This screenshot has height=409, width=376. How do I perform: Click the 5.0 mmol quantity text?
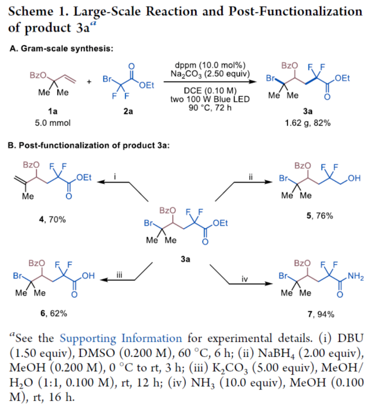pos(44,124)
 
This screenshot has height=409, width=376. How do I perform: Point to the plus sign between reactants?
pos(89,81)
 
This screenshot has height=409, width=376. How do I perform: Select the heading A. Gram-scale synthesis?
pos(61,48)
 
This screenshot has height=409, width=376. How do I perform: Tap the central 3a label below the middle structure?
pos(185,259)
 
